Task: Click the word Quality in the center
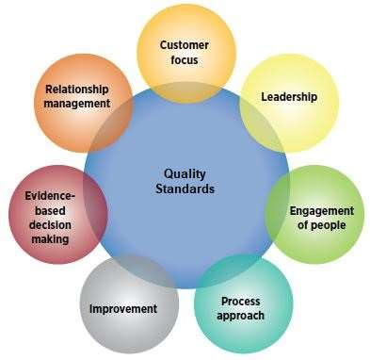[x=185, y=173]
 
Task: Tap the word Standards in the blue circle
[x=185, y=188]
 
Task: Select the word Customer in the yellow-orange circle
[x=185, y=45]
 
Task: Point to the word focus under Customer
[x=185, y=60]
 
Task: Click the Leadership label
[x=288, y=97]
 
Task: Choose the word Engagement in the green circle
[x=321, y=210]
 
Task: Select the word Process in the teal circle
[x=241, y=302]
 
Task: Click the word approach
[x=242, y=316]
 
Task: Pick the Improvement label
[x=122, y=309]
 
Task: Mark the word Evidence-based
[x=47, y=203]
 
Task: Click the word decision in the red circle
[x=47, y=224]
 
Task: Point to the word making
[x=47, y=239]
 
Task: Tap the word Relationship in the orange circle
[x=77, y=90]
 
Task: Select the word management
[x=77, y=104]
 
